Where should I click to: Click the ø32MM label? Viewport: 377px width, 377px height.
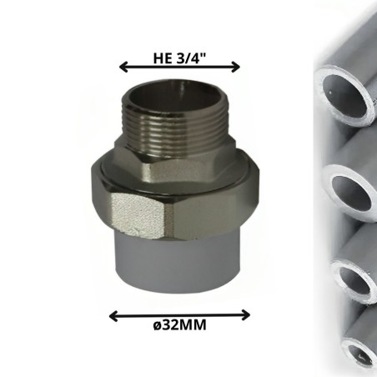point(179,324)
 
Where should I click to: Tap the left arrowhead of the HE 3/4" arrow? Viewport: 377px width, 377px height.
point(123,67)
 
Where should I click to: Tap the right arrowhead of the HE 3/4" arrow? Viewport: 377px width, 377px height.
point(235,67)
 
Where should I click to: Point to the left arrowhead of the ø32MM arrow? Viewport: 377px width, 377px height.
point(114,316)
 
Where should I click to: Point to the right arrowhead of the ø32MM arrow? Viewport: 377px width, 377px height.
point(245,315)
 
